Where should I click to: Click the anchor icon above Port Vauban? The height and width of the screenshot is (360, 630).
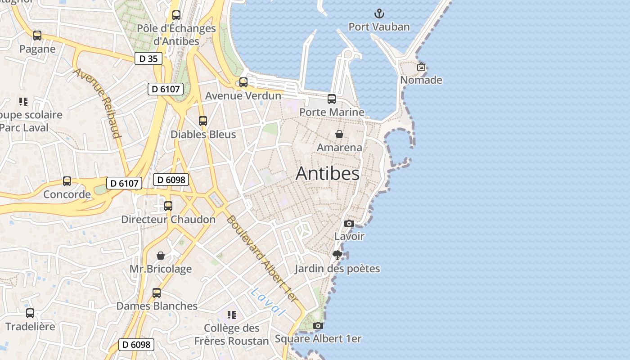point(379,13)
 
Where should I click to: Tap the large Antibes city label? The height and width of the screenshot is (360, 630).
point(328,174)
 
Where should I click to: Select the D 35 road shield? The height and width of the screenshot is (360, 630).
point(148,58)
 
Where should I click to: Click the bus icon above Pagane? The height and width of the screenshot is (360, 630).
point(37,36)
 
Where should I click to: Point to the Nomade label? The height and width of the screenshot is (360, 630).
point(421,80)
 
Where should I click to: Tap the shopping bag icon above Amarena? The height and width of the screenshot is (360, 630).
point(339,134)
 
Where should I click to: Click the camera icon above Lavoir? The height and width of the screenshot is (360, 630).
point(349,223)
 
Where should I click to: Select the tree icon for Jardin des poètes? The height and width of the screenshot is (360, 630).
point(337,255)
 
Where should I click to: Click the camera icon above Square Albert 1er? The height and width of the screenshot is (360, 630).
point(318,325)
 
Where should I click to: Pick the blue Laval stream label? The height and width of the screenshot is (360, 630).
point(268,301)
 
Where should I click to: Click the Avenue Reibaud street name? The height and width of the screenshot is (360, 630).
point(98,103)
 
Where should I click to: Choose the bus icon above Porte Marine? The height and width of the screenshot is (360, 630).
point(332,99)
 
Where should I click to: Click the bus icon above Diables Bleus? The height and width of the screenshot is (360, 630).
point(203,121)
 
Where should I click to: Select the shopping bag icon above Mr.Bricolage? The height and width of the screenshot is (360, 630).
point(161,256)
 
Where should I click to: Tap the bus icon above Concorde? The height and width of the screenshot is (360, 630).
point(67,181)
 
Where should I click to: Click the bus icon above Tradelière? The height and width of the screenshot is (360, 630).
point(30,313)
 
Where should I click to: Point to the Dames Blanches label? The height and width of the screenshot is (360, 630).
point(157,306)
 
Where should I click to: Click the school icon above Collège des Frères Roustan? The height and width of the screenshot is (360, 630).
point(232,315)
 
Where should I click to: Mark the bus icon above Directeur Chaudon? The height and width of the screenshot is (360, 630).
point(168,206)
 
